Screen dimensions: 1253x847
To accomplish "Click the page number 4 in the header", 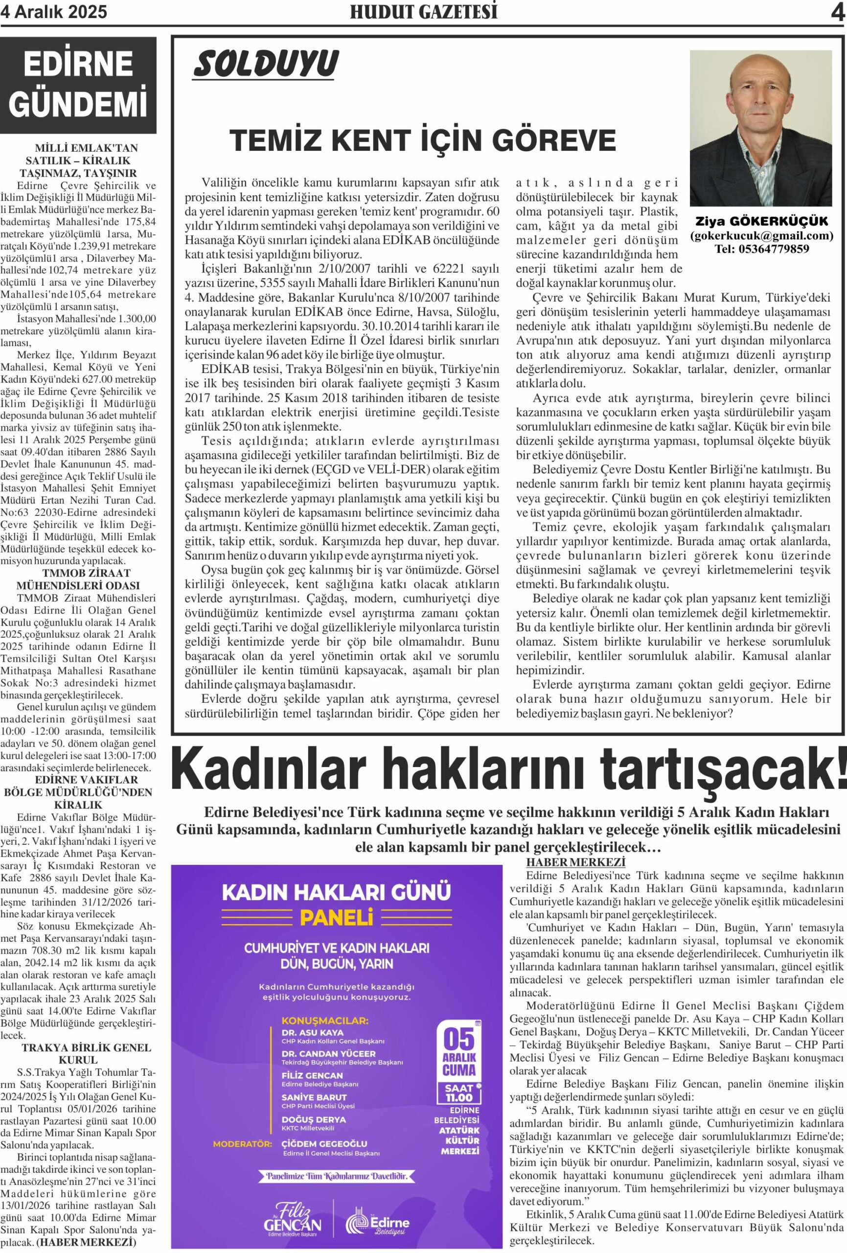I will (x=837, y=12).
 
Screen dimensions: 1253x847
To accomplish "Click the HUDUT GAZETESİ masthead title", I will (x=423, y=12).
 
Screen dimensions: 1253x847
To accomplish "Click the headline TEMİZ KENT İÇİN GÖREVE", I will (x=423, y=140).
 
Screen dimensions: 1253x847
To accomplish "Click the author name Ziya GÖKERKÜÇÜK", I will (x=761, y=222).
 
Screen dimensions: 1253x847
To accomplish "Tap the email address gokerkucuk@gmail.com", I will (x=761, y=235).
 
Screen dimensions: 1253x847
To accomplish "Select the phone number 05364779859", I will (x=761, y=249).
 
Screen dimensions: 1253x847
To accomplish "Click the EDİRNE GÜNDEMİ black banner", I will (x=78, y=84).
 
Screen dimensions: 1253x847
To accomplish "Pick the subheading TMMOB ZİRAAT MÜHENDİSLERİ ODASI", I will (x=78, y=579).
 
